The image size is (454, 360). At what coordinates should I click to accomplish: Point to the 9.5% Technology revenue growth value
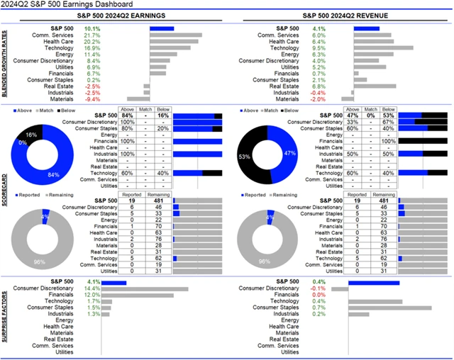(319, 47)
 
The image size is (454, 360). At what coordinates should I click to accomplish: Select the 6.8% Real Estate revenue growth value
(319, 86)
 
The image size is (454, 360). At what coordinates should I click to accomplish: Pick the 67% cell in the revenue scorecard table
(387, 122)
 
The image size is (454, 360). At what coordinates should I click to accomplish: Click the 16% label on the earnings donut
(32, 134)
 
